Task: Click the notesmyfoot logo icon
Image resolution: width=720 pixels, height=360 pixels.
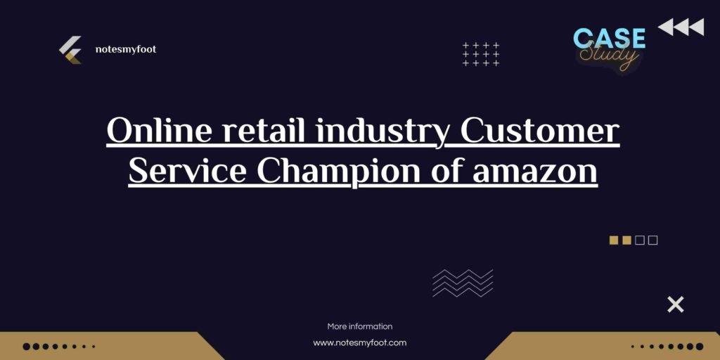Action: coord(70,50)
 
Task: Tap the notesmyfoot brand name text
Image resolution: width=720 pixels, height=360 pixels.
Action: coord(125,50)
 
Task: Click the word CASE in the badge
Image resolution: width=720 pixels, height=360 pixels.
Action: coord(609,38)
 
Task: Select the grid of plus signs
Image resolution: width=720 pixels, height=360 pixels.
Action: coord(481,54)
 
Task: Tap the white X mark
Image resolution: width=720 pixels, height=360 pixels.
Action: coord(675,304)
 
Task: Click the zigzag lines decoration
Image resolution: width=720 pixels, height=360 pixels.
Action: coord(463,283)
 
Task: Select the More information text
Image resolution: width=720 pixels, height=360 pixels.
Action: coord(359,326)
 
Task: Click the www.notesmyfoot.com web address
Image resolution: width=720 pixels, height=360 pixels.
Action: coord(359,343)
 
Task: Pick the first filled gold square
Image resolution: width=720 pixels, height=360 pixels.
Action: coord(613,240)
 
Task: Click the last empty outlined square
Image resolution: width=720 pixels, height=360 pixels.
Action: coord(653,240)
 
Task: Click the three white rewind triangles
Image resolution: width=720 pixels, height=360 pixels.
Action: coord(681,27)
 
